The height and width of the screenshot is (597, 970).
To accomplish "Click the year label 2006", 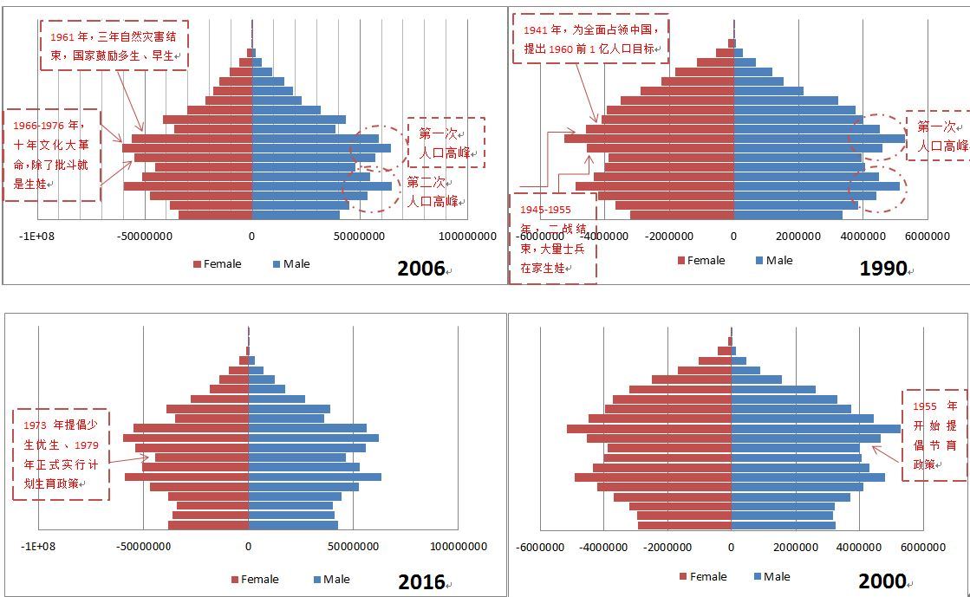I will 420,269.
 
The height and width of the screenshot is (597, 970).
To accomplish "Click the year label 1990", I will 882,269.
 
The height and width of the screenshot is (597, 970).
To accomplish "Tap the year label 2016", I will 421,582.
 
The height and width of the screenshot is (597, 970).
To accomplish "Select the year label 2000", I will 882,581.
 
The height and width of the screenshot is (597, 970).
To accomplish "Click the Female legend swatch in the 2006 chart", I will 197,264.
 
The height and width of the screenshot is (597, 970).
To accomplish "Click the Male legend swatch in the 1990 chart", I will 759,261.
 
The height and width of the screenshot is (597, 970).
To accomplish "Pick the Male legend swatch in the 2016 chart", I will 316,580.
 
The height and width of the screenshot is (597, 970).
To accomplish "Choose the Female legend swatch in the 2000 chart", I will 683,577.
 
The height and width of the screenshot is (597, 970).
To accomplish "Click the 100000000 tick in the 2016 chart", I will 459,547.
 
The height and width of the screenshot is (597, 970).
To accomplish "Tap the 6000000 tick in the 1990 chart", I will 928,236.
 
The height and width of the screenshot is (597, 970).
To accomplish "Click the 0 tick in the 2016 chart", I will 249,547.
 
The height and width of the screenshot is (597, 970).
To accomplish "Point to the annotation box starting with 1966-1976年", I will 52,155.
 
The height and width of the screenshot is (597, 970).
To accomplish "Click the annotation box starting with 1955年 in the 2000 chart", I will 934,435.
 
